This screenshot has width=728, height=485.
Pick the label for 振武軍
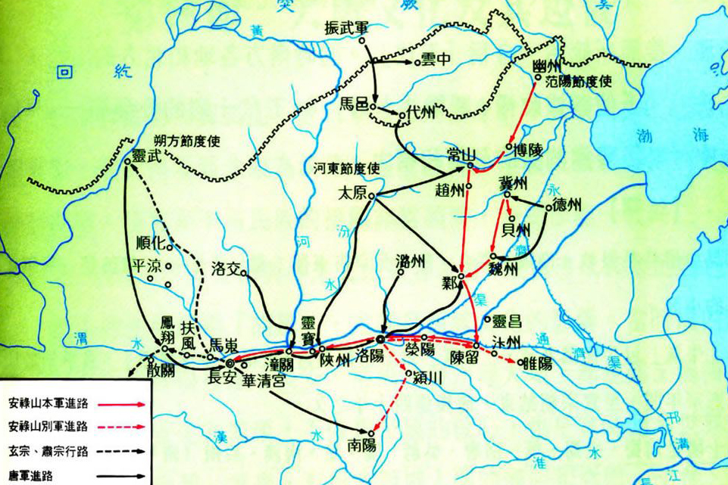[x=345, y=25]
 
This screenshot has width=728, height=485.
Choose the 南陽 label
[x=363, y=443]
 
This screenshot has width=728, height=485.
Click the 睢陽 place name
[x=537, y=364]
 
